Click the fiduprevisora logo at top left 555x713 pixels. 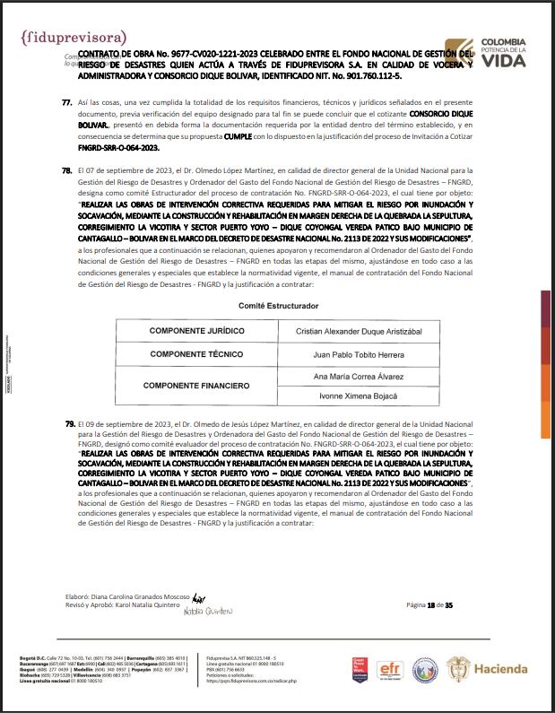click(x=73, y=38)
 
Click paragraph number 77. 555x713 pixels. click(x=66, y=104)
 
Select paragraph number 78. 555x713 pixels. click(x=66, y=170)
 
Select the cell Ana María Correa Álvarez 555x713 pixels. click(x=359, y=376)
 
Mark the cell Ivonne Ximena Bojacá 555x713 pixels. click(x=359, y=396)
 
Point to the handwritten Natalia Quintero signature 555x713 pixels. click(x=207, y=613)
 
